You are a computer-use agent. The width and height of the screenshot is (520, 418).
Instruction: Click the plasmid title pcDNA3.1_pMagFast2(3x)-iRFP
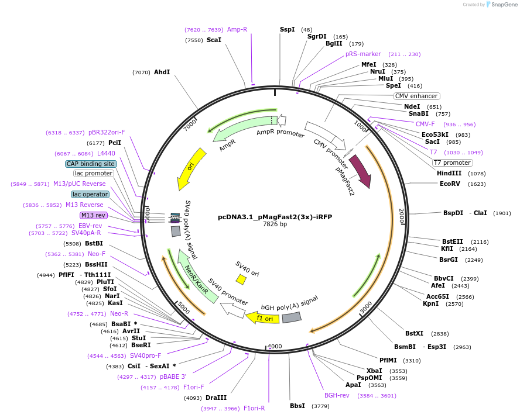275,216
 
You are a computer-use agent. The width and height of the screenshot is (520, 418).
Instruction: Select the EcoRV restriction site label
454,184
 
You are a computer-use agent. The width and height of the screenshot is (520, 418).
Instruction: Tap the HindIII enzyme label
449,173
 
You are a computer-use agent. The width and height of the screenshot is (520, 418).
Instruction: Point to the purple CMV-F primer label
425,124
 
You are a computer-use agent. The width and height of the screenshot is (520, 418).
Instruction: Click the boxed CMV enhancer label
416,96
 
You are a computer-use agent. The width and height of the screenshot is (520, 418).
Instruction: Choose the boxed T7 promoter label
452,163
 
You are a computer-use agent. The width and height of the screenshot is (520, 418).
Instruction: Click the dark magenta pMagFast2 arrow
360,171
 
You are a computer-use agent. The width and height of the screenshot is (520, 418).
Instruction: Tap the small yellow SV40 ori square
241,280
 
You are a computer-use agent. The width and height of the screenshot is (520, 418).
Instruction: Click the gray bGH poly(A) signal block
291,317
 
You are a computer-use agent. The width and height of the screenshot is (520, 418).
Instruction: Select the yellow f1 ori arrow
259,318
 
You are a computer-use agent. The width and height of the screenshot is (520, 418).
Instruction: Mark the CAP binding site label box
91,164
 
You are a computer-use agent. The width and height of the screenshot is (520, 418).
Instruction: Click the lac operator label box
90,194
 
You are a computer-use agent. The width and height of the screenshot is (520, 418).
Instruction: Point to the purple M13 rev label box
94,215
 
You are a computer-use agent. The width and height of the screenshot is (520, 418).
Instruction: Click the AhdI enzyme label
162,72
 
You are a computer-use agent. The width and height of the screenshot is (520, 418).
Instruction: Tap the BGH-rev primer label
337,395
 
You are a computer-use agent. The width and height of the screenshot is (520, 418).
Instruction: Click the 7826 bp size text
275,224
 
